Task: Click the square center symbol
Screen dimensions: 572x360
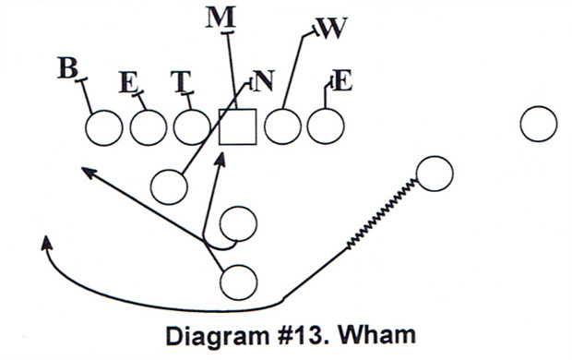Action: pyautogui.click(x=237, y=126)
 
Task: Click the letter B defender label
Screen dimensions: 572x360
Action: pyautogui.click(x=66, y=67)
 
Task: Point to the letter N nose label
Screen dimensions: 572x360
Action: pyautogui.click(x=264, y=81)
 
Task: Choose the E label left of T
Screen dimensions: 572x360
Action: pyautogui.click(x=128, y=81)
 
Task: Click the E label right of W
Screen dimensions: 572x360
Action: pyautogui.click(x=341, y=80)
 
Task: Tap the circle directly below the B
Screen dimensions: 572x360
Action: pyautogui.click(x=103, y=127)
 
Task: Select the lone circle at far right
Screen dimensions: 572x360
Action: pyautogui.click(x=538, y=125)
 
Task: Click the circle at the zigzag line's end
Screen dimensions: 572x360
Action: pyautogui.click(x=434, y=174)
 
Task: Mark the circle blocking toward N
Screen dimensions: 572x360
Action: pyautogui.click(x=169, y=186)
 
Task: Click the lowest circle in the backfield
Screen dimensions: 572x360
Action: pyautogui.click(x=238, y=280)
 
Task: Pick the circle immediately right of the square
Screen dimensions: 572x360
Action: pyautogui.click(x=282, y=126)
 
